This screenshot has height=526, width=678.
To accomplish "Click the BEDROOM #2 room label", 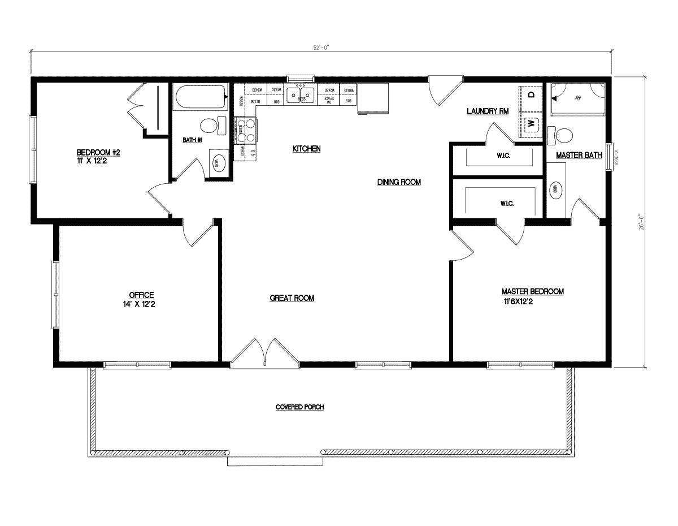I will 98,153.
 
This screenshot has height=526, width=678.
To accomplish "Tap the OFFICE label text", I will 141,295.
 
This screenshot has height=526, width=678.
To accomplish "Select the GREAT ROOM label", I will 292,298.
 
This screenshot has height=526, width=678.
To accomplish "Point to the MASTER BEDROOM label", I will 532,291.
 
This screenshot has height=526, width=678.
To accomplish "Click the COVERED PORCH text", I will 299,407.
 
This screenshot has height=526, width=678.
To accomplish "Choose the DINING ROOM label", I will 399,182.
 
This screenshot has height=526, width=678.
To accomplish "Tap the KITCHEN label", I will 306,149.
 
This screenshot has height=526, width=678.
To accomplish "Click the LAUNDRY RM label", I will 487,111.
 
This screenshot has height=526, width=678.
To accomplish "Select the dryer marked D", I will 531,94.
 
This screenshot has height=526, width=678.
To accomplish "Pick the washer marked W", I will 531,123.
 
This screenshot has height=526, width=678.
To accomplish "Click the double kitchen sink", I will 300,94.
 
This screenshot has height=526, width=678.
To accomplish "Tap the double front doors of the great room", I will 264,352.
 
